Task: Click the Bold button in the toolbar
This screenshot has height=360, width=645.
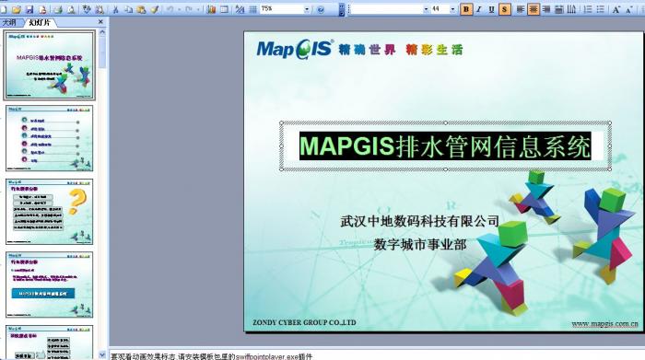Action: (x=466, y=8)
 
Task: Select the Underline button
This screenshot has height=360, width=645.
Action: (x=491, y=8)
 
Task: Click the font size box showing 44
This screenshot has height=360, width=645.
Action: (x=437, y=8)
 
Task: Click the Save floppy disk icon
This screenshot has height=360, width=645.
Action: (x=29, y=8)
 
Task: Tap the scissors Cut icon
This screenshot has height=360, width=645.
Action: (x=115, y=8)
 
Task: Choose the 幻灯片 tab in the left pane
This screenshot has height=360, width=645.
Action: (x=41, y=21)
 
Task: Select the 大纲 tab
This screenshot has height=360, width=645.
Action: (x=10, y=21)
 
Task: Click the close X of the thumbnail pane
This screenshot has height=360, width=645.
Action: (x=102, y=21)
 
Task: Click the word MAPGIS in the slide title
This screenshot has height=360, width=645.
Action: (x=346, y=146)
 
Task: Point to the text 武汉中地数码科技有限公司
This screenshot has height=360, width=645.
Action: (x=419, y=222)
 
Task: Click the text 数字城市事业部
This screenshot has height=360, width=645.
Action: (x=419, y=245)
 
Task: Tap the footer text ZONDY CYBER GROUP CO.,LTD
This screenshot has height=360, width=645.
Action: (x=304, y=322)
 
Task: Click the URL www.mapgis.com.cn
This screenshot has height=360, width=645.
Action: (x=604, y=323)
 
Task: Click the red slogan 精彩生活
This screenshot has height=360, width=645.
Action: (x=433, y=49)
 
